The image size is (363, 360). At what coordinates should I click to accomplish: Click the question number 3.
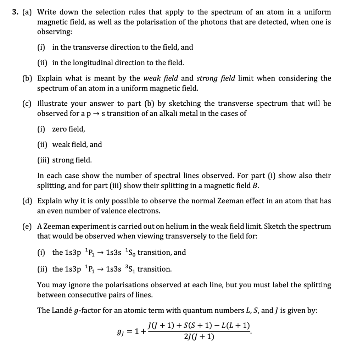click(14, 12)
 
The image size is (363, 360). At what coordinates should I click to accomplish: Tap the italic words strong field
click(216, 78)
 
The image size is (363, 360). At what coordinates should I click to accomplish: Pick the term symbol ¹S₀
click(126, 253)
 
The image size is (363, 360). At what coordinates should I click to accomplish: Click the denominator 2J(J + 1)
click(199, 337)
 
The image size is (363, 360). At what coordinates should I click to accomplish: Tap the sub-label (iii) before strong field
click(44, 160)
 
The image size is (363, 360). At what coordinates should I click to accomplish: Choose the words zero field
click(68, 129)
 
